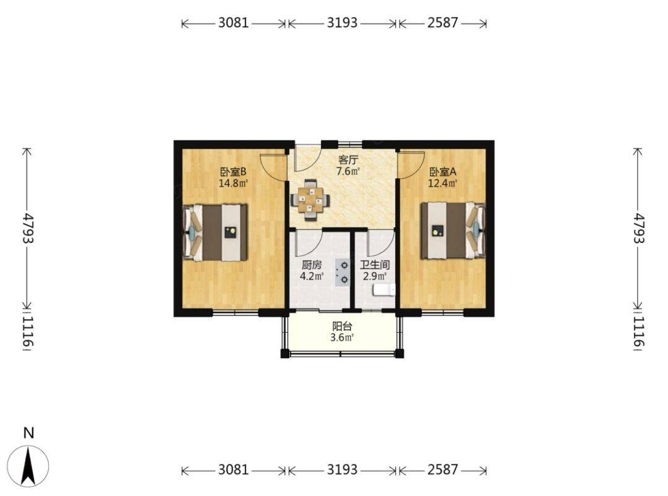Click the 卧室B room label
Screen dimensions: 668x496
point(233,172)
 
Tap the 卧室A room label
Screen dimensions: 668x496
point(443,172)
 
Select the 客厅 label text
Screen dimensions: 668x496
point(348,160)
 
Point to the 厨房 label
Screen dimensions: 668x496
point(311,265)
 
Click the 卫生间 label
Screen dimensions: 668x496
point(375,265)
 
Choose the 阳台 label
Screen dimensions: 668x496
point(342,327)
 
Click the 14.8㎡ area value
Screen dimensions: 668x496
point(233,184)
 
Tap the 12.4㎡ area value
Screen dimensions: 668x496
point(443,184)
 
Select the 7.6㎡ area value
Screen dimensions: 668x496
point(348,172)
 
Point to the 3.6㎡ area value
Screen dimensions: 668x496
point(342,338)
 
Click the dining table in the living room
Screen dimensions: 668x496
point(310,200)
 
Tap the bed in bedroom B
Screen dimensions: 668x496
point(215,233)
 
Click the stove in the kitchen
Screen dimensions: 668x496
point(342,272)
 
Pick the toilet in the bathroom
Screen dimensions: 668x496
point(384,290)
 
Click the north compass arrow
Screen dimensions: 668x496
point(28,466)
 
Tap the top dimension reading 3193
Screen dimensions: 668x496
point(342,23)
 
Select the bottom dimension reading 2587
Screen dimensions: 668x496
point(443,469)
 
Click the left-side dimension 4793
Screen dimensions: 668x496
point(28,228)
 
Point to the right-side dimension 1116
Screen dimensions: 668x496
point(639,331)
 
